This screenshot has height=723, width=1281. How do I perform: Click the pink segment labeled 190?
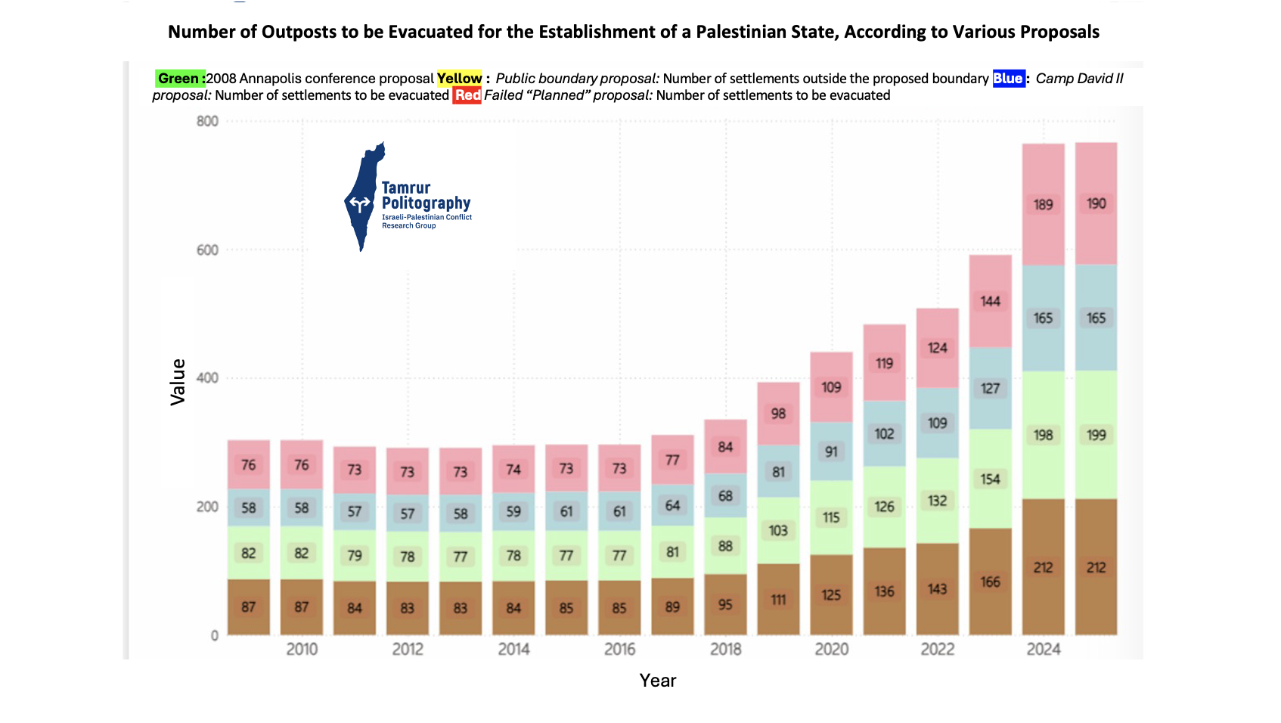point(1096,203)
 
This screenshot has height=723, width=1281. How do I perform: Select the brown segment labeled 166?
point(990,581)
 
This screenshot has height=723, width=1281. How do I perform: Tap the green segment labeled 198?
point(1043,435)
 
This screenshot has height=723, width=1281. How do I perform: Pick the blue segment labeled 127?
point(990,388)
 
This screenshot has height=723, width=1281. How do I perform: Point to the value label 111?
point(778,600)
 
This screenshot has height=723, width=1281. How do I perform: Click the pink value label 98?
point(778,414)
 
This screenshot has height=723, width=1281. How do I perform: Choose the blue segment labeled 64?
point(672,505)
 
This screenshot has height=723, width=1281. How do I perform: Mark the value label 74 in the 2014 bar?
point(513,470)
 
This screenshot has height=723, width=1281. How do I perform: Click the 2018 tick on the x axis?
point(725,649)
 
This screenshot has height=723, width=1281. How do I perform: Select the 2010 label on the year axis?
point(302,649)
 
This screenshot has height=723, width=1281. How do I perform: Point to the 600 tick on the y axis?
point(207,250)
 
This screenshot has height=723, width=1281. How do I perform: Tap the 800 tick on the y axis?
point(207,121)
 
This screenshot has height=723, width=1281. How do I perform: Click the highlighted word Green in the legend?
point(179,79)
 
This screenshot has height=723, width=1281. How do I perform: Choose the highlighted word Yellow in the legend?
point(459,79)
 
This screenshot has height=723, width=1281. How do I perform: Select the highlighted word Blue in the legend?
point(1007,79)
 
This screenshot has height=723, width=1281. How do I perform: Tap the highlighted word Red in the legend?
point(467,95)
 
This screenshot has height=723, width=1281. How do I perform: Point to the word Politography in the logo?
point(426,203)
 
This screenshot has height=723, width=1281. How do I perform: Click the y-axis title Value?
point(178,382)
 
